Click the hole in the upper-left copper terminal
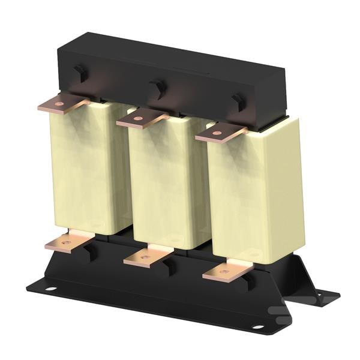click(x=59, y=104)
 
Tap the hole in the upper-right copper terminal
click(x=217, y=133)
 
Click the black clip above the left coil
click(x=79, y=73)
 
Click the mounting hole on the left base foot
click(x=51, y=289)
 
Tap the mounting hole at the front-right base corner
click(x=257, y=327)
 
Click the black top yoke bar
click(x=180, y=66)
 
